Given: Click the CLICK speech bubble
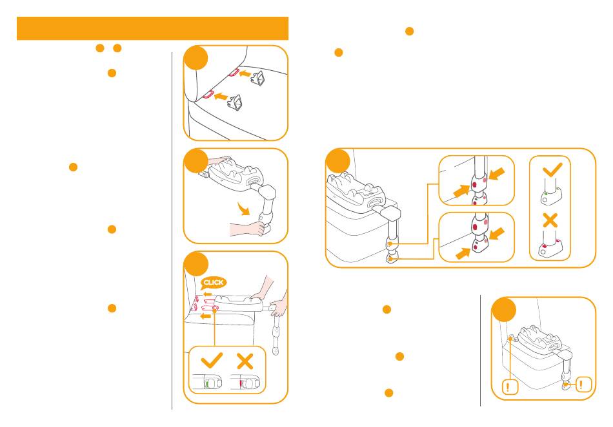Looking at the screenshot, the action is pyautogui.click(x=213, y=283).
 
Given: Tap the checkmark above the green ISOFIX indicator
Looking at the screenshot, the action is pyautogui.click(x=212, y=360).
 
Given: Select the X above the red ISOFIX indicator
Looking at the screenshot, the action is pyautogui.click(x=245, y=361).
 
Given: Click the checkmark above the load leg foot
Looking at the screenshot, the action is pyautogui.click(x=552, y=170).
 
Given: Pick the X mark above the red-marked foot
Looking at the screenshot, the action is pyautogui.click(x=550, y=220).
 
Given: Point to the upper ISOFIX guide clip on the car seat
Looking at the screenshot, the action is pyautogui.click(x=258, y=78).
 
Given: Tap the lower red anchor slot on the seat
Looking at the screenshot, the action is pyautogui.click(x=210, y=94).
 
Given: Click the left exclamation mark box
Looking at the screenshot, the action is pyautogui.click(x=510, y=386).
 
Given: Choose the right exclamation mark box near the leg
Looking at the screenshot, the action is pyautogui.click(x=583, y=384).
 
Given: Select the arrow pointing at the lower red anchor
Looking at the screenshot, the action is pyautogui.click(x=221, y=95).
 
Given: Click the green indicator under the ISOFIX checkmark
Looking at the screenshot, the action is pyautogui.click(x=207, y=384).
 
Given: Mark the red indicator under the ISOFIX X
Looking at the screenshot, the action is pyautogui.click(x=241, y=384).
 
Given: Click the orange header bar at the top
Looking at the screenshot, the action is pyautogui.click(x=152, y=28).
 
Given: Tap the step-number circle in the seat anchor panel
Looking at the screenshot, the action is pyautogui.click(x=196, y=58).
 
